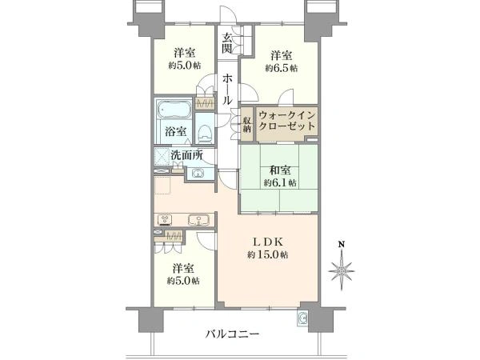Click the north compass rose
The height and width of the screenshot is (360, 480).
(x=341, y=270)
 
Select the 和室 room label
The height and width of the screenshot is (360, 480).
(x=279, y=169)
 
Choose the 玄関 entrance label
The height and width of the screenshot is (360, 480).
(x=228, y=42)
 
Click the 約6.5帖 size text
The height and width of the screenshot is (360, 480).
(x=282, y=69)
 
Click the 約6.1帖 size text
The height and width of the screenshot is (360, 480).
(x=279, y=182)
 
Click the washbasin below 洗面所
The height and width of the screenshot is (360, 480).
(x=197, y=174)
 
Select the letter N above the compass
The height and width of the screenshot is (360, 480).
(x=341, y=244)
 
